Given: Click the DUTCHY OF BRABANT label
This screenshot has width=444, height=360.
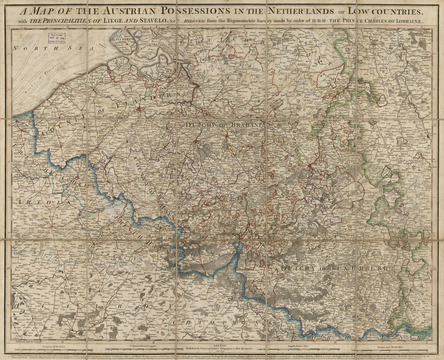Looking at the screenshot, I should (223, 125).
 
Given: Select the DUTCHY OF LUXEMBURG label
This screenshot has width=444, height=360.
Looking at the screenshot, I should (334, 268).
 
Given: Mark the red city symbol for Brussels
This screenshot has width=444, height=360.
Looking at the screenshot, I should (196, 142).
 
